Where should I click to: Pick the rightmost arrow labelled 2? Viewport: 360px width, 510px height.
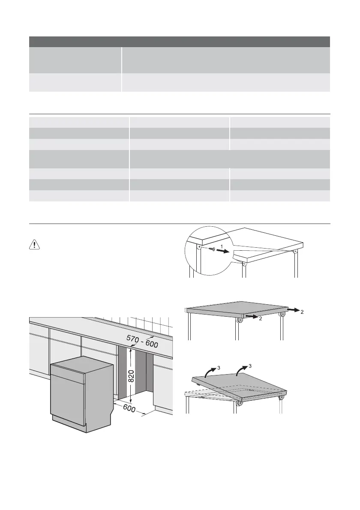[294, 308]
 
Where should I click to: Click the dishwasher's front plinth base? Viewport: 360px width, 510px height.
[69, 424]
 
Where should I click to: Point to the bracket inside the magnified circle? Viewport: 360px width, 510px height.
[199, 247]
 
